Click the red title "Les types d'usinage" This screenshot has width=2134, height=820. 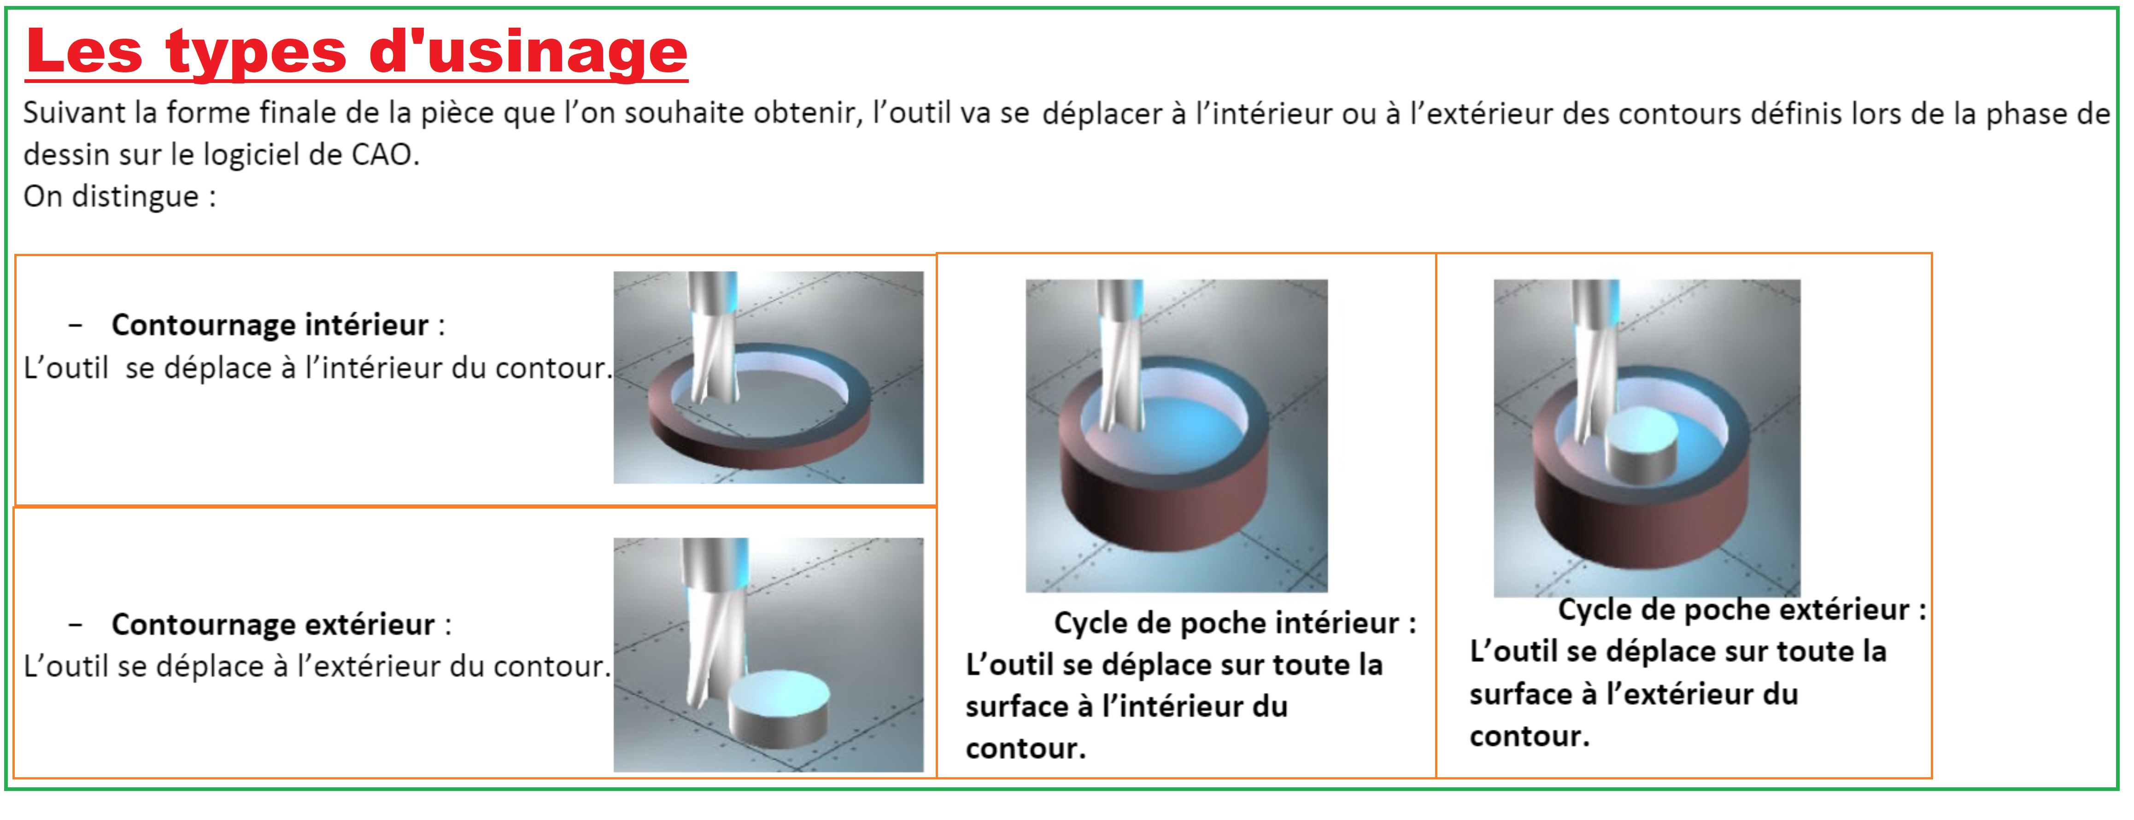(356, 52)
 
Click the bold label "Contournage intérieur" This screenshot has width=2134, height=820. (270, 325)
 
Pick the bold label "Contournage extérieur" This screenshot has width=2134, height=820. (273, 624)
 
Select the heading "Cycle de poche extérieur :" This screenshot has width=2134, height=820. (1742, 609)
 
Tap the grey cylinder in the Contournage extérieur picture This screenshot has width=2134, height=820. (779, 708)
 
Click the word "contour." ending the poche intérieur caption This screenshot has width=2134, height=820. (1026, 749)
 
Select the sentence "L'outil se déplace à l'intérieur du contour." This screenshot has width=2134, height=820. (318, 368)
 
